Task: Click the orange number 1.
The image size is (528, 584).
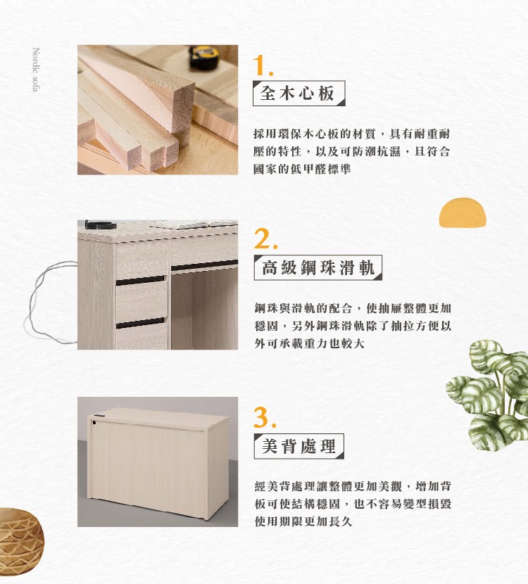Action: [x=263, y=65]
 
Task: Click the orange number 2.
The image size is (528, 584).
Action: [x=265, y=239]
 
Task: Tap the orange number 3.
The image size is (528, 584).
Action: [x=265, y=417]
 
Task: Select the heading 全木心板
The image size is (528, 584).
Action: [x=297, y=93]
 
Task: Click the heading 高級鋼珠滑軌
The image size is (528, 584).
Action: [x=318, y=267]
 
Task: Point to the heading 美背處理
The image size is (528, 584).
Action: [x=298, y=446]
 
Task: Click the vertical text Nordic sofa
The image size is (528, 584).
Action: [x=36, y=69]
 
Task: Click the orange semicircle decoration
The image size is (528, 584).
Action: [x=463, y=212]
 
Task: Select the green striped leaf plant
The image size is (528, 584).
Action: [x=488, y=395]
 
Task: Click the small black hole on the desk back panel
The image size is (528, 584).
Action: [x=94, y=422]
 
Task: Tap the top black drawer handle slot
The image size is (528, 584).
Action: [x=140, y=281]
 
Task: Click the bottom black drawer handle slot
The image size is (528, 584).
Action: [x=140, y=323]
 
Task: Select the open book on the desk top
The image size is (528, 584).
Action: [x=194, y=224]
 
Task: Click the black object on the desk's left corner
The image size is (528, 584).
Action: [x=100, y=224]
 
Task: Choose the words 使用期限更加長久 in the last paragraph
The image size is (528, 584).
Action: [x=303, y=521]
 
